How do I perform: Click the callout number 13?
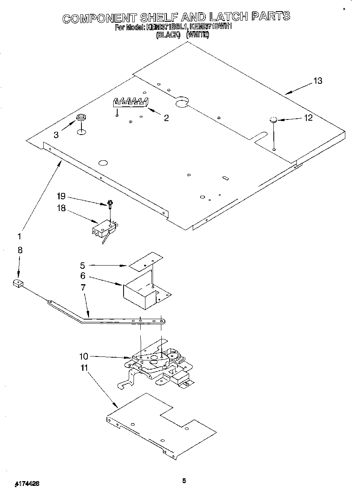tap(317, 81)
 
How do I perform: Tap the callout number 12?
tap(308, 117)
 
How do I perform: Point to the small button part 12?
tap(273, 120)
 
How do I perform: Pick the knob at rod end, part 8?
tap(17, 283)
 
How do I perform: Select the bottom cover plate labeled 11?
tap(161, 425)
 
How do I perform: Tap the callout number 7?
tap(83, 287)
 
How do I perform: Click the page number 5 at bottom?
tap(184, 481)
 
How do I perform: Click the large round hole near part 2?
tap(182, 103)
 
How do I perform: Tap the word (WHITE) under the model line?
tap(197, 35)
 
